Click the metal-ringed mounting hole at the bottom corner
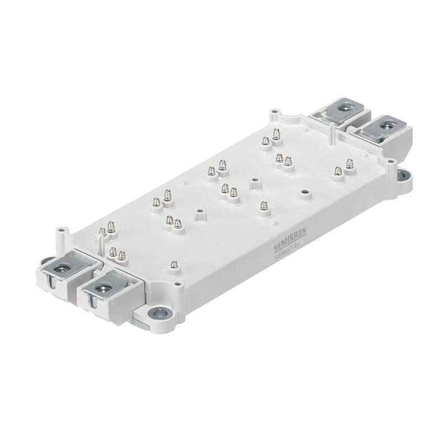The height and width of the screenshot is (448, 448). pyautogui.click(x=158, y=312)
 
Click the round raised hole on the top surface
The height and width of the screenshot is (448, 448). pyautogui.click(x=305, y=193)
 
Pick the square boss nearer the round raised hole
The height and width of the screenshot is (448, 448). pyautogui.click(x=255, y=181)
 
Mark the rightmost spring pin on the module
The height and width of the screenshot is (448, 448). pyautogui.click(x=350, y=164)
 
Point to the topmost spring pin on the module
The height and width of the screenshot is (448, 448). pyautogui.click(x=276, y=133)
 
